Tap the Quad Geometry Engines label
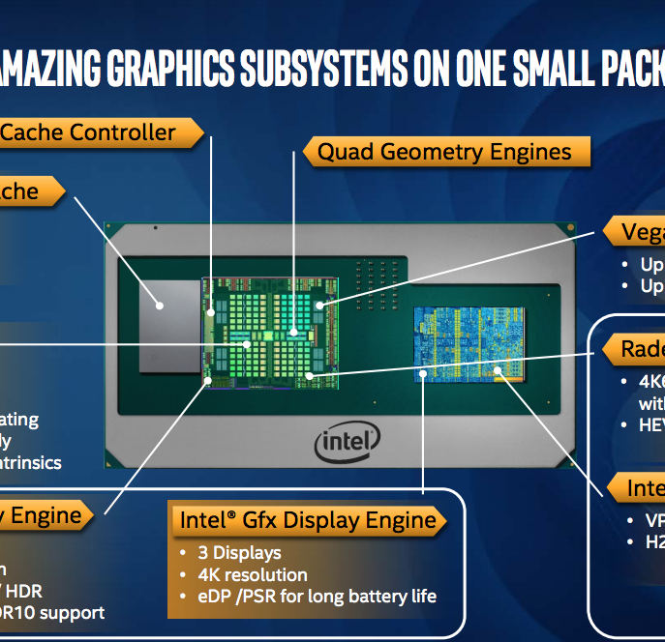444,152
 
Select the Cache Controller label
89,132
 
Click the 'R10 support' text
53,612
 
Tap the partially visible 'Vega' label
642,232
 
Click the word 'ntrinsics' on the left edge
31,462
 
